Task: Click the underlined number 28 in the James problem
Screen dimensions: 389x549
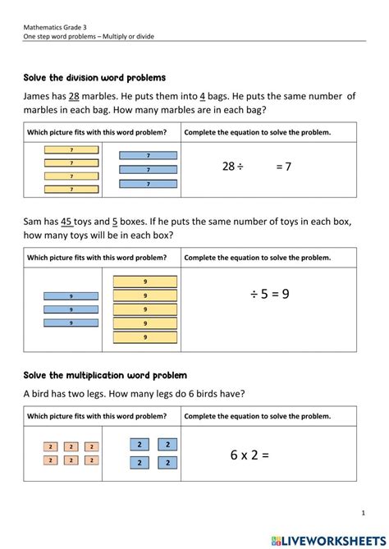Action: click(x=75, y=97)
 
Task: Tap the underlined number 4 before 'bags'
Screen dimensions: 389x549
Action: click(x=203, y=97)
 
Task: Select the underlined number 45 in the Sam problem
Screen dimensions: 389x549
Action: click(x=68, y=221)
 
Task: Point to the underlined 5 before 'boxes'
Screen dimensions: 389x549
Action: click(x=115, y=221)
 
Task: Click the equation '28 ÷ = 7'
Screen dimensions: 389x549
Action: click(x=256, y=167)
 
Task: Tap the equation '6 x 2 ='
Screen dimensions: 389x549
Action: click(x=249, y=455)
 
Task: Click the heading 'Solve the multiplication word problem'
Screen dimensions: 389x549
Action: click(x=105, y=375)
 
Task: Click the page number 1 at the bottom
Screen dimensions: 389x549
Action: click(x=363, y=513)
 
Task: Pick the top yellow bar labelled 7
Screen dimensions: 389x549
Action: click(x=72, y=150)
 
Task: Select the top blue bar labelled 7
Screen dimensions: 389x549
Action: click(x=148, y=155)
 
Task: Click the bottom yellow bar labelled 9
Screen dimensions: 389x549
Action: click(x=145, y=336)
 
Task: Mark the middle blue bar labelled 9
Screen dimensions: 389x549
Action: click(x=71, y=309)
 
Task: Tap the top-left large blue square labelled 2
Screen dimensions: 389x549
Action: click(x=140, y=444)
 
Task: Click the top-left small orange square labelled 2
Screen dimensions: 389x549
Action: click(x=50, y=447)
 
